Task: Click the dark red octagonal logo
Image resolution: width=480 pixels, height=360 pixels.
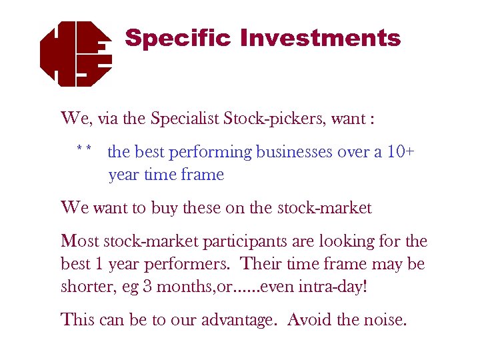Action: click(x=75, y=53)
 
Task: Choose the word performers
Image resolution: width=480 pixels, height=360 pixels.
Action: click(x=191, y=264)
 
